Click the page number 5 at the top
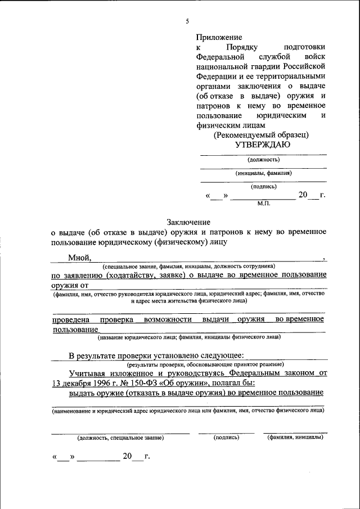pos(187,22)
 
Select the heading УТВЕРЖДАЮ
pos(262,145)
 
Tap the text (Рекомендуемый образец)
pos(261,135)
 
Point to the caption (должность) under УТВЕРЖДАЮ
pos(263,160)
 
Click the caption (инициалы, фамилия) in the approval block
pos(263,173)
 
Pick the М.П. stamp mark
pos(264,203)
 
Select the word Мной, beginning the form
pos(80,257)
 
